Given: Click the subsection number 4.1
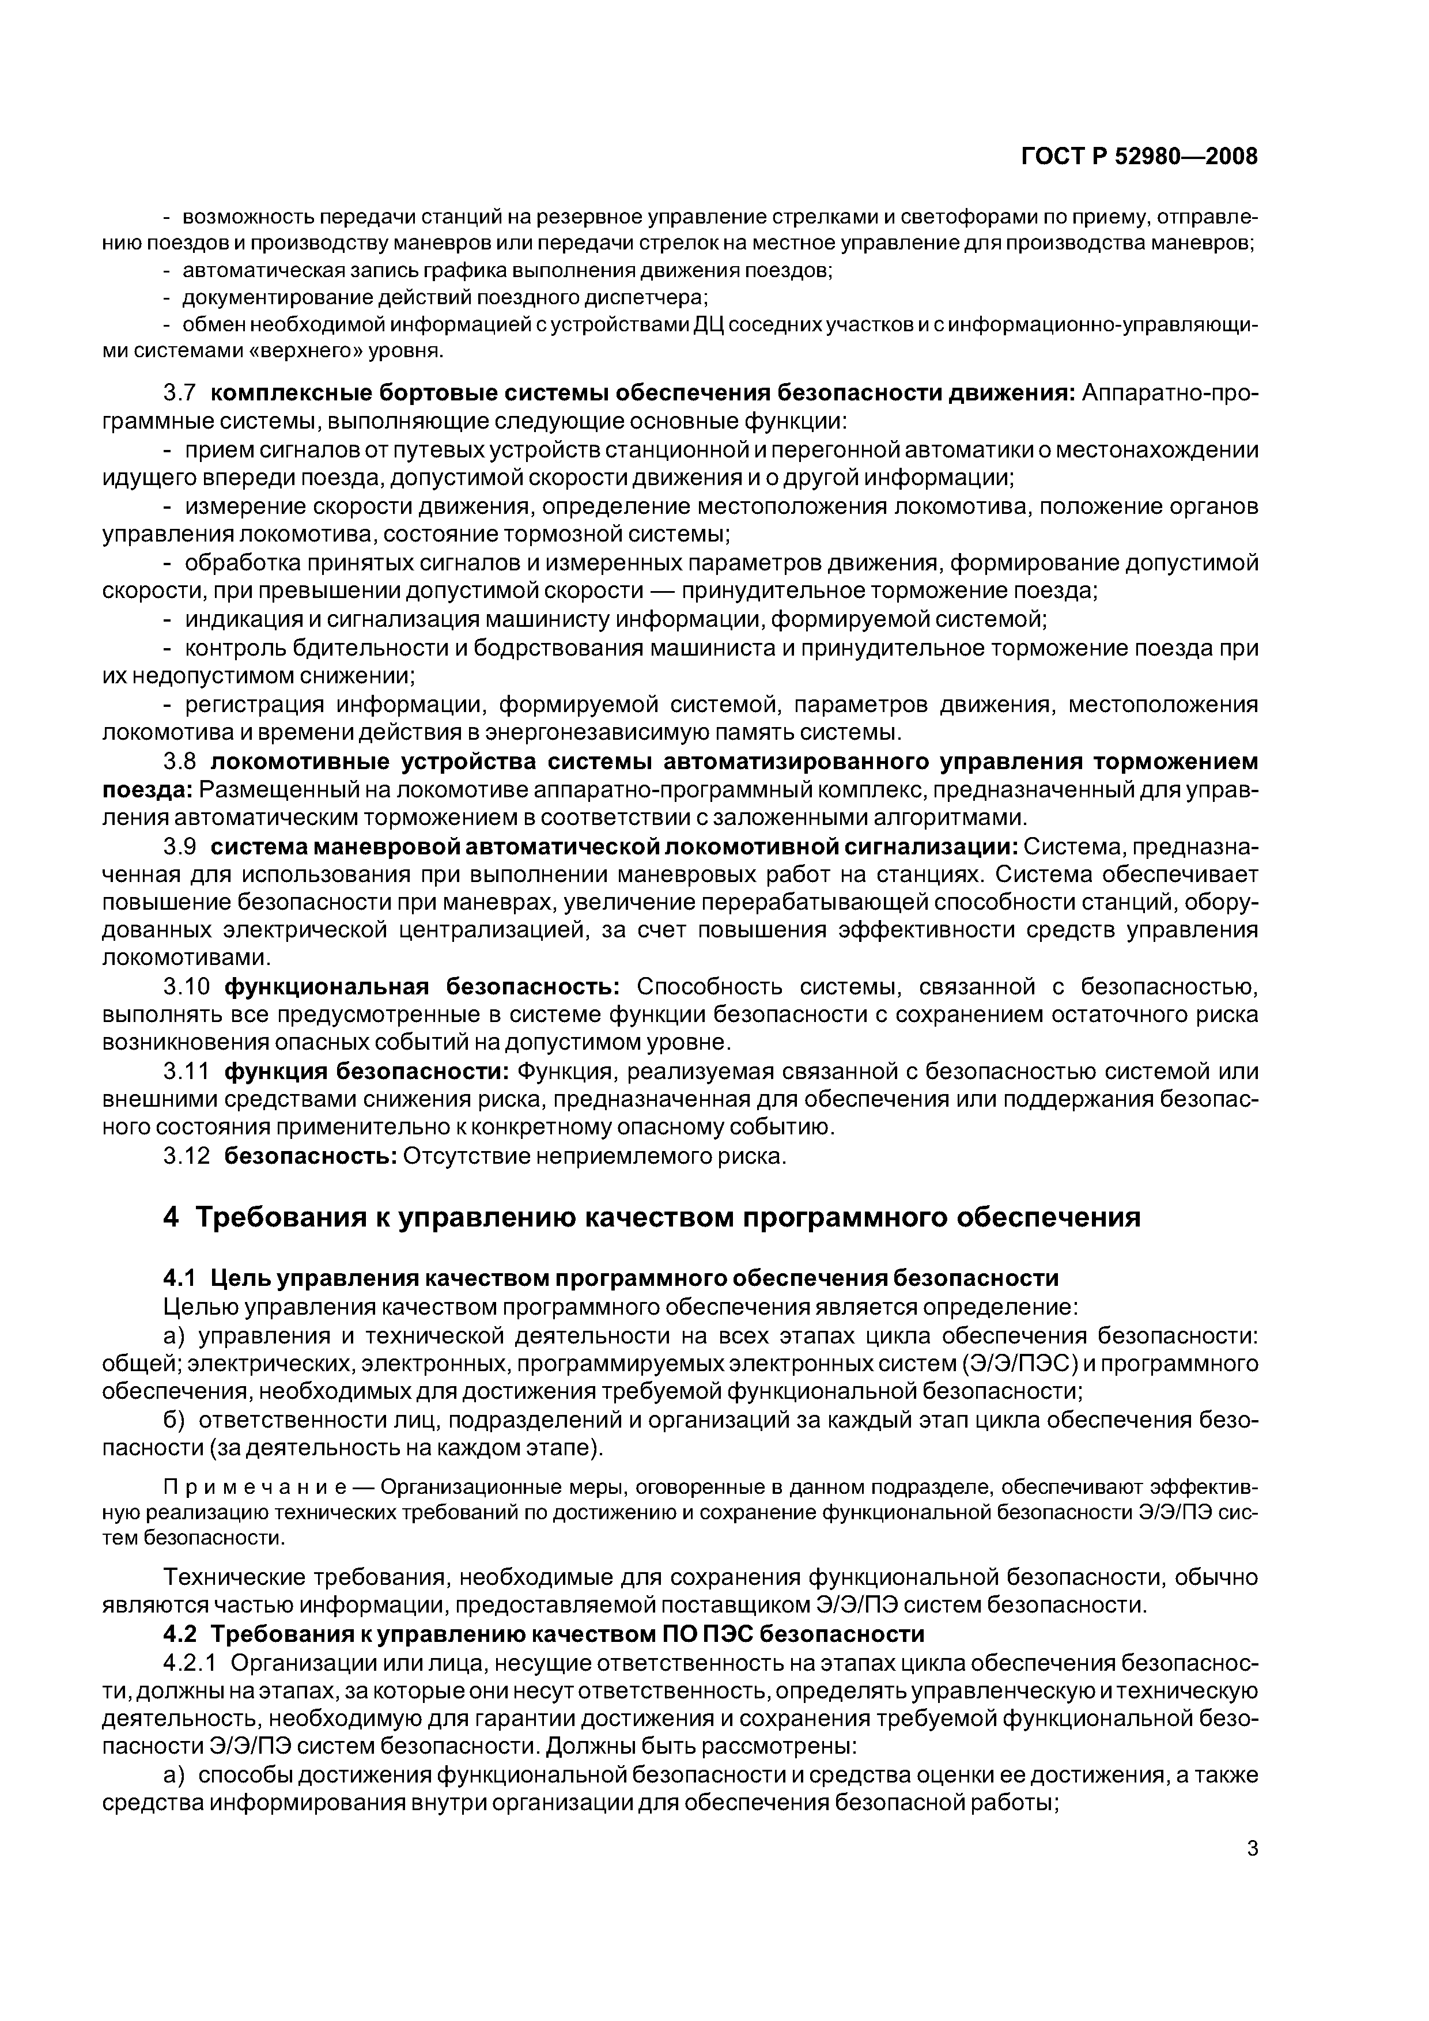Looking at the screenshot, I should click(x=182, y=1277).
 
